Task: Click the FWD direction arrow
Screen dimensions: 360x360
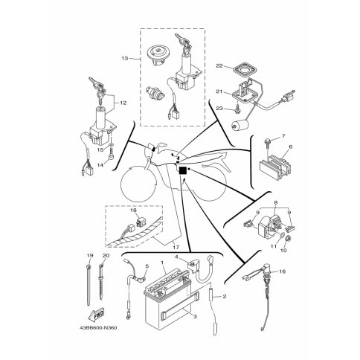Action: coord(96,315)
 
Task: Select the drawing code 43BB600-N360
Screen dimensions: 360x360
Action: coord(98,328)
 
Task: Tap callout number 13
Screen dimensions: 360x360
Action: coord(125,59)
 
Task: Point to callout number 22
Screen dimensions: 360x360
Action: coord(219,65)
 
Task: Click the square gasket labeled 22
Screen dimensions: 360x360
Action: coord(245,69)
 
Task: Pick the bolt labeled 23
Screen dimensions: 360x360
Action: coord(237,110)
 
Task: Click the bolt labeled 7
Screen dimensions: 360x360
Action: coord(267,142)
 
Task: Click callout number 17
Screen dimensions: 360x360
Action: coord(176,247)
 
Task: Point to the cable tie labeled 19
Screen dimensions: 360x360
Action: coord(89,285)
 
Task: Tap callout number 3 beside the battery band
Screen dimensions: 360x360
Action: coord(195,317)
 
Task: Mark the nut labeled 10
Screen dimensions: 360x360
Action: coord(289,239)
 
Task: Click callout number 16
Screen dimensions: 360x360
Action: coord(283,271)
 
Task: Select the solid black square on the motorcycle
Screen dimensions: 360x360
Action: coord(182,171)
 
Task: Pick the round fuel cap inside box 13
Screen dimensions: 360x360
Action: coord(157,54)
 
